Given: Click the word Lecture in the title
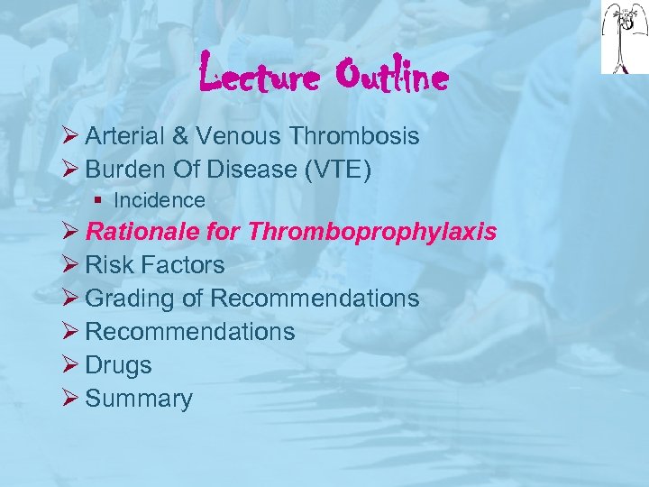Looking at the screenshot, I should click(x=259, y=76).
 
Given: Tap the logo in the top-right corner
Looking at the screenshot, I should click(x=624, y=37).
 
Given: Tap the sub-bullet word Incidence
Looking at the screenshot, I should click(x=160, y=200).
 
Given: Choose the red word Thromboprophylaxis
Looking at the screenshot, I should click(x=371, y=232).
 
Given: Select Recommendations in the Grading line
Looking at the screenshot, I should click(x=315, y=298).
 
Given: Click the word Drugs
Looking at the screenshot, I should click(x=118, y=365).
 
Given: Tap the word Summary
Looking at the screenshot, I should click(x=139, y=399).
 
